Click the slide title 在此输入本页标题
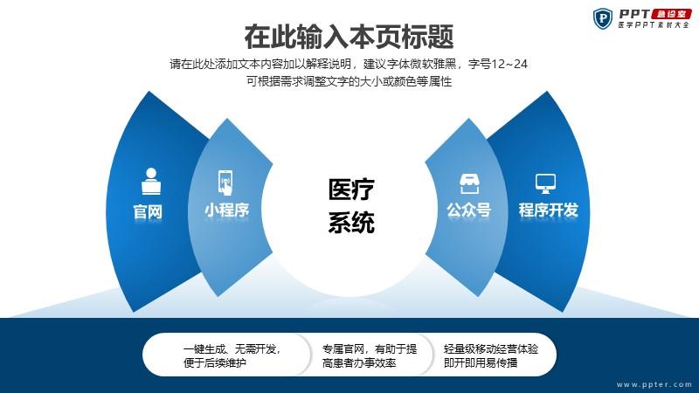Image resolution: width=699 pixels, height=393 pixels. [349, 37]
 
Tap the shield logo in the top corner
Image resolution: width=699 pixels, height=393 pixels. [603, 18]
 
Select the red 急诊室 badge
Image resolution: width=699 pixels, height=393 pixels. [671, 14]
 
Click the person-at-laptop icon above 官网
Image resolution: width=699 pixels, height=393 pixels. [150, 182]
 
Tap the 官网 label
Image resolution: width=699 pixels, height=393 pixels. [148, 211]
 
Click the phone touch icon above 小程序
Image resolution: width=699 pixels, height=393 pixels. [225, 183]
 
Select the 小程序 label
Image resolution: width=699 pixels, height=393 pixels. [226, 210]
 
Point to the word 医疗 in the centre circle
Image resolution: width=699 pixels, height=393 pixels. [351, 190]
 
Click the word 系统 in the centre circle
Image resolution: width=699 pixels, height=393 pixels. [351, 223]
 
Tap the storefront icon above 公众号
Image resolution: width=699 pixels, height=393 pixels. [469, 183]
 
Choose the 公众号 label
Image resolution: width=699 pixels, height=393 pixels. [469, 210]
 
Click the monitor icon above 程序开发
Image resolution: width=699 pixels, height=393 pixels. [545, 183]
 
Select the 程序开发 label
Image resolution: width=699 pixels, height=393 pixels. [548, 210]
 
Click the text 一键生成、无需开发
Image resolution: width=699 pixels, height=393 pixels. [232, 349]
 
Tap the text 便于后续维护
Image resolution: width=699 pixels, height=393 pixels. [214, 363]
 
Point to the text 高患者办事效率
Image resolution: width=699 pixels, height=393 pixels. [359, 363]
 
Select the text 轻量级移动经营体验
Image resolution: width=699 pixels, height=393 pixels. [491, 349]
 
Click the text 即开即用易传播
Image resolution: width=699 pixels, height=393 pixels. [481, 363]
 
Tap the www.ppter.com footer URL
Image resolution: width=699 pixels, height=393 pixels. [654, 384]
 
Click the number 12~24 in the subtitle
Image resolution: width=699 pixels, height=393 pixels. [509, 64]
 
